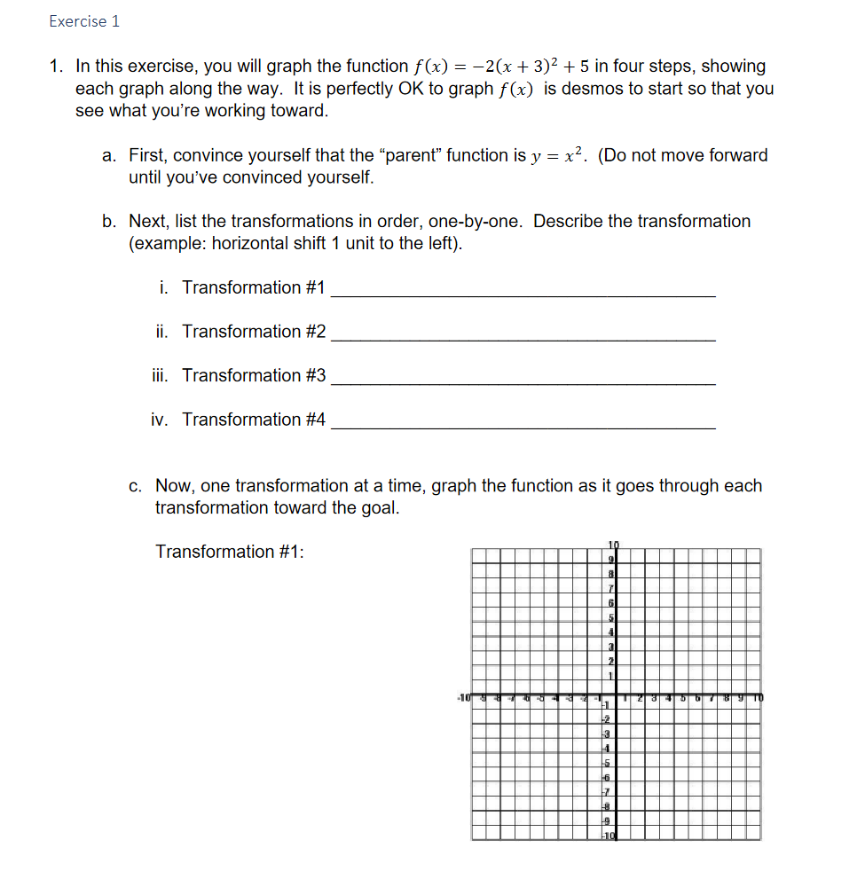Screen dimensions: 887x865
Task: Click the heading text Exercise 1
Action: [84, 21]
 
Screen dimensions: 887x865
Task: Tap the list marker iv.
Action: [160, 420]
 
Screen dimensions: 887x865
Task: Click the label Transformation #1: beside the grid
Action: [230, 552]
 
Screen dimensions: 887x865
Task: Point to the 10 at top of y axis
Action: [613, 544]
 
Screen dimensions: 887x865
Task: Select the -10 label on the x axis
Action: [464, 697]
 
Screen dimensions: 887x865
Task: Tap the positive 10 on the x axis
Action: [757, 697]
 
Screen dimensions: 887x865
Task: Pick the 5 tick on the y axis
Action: [611, 616]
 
